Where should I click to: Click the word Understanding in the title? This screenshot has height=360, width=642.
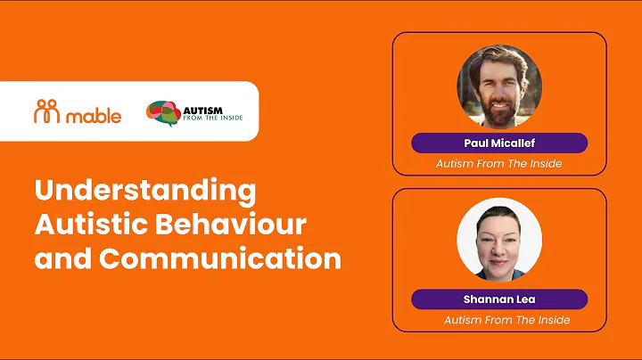[x=145, y=191]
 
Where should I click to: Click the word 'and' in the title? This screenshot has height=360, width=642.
[x=62, y=258]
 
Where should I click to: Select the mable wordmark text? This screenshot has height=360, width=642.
[x=96, y=113]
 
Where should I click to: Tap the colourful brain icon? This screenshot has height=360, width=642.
[x=162, y=112]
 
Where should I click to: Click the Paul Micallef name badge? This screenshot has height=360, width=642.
[x=498, y=143]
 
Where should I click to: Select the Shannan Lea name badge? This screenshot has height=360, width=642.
[x=498, y=299]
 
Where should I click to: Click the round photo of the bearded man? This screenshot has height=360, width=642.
[x=498, y=86]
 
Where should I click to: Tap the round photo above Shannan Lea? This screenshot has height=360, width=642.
[x=498, y=241]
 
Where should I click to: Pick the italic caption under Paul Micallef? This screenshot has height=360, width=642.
[x=498, y=164]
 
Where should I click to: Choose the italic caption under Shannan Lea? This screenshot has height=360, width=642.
[x=506, y=320]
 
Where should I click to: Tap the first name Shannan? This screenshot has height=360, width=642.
[x=487, y=299]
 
